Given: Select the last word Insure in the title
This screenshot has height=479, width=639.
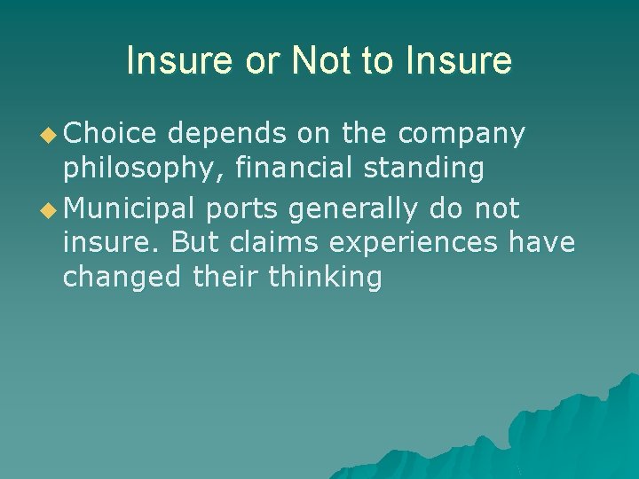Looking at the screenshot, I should click(x=458, y=61).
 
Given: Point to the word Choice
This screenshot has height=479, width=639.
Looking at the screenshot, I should click(x=110, y=133).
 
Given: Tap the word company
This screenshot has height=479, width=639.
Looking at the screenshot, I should click(x=461, y=135).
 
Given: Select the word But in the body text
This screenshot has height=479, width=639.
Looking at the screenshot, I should click(x=194, y=242).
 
